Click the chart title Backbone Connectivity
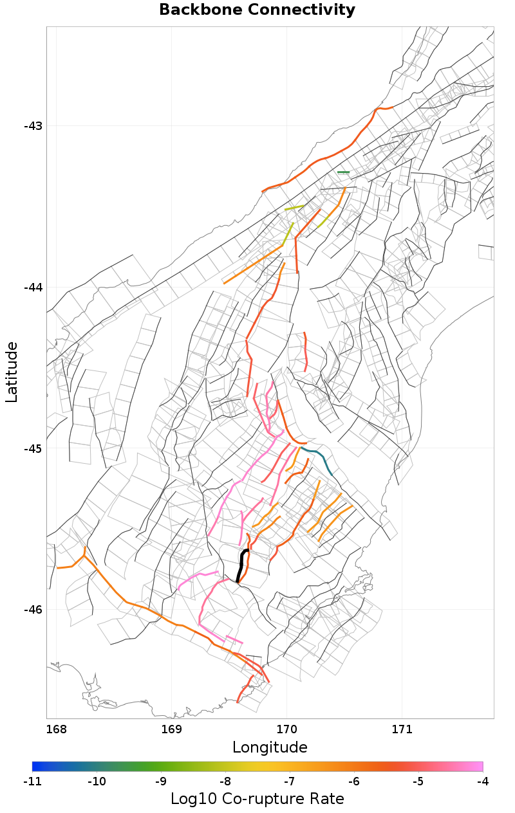coord(257,10)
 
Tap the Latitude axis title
coord(12,372)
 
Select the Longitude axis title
coord(270,747)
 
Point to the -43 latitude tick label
coord(32,126)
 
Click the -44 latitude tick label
coord(32,288)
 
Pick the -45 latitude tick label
coord(32,449)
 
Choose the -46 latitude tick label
coord(32,610)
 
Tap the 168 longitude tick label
coord(57,729)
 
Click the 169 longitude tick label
coord(172,729)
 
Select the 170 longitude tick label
coord(286,729)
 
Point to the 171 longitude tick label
coord(402,729)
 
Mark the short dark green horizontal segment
coord(343,172)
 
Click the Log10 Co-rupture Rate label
coord(257,799)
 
